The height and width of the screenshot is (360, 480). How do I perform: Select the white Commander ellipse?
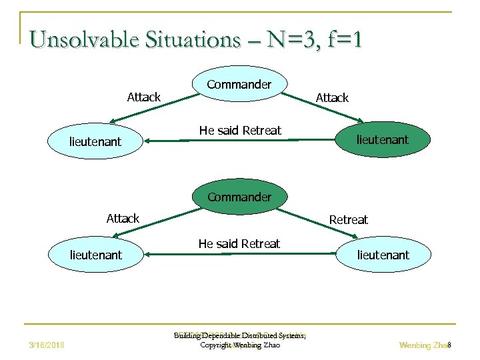coord(239,85)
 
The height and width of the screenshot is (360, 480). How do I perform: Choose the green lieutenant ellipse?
coord(382,139)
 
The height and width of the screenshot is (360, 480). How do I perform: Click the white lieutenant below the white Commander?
coord(95,141)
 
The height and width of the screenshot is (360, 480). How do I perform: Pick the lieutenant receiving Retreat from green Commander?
coord(383,255)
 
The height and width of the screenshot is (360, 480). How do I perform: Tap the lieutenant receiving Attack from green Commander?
coord(95,255)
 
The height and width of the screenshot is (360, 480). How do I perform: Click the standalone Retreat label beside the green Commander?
coord(348,219)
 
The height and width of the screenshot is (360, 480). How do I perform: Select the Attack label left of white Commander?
coord(143,97)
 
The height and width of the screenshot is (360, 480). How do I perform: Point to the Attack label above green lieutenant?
coord(332,98)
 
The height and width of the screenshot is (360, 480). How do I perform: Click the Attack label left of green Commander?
coord(123,218)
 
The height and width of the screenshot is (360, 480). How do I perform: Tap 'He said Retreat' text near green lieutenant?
coord(240,130)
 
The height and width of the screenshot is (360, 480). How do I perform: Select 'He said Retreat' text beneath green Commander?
coord(239,243)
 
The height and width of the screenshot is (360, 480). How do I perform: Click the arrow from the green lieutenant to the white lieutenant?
coord(240,141)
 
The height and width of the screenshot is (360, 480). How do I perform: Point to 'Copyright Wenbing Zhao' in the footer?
coord(240,345)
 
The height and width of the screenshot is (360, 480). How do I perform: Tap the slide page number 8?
coord(449,345)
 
